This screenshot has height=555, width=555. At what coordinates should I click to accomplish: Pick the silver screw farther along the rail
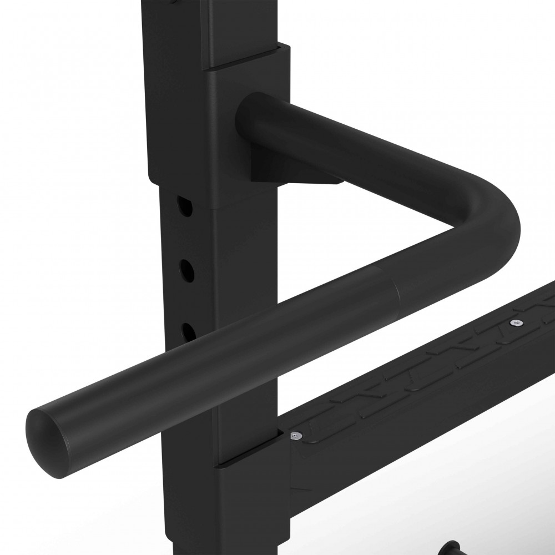[517, 322]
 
